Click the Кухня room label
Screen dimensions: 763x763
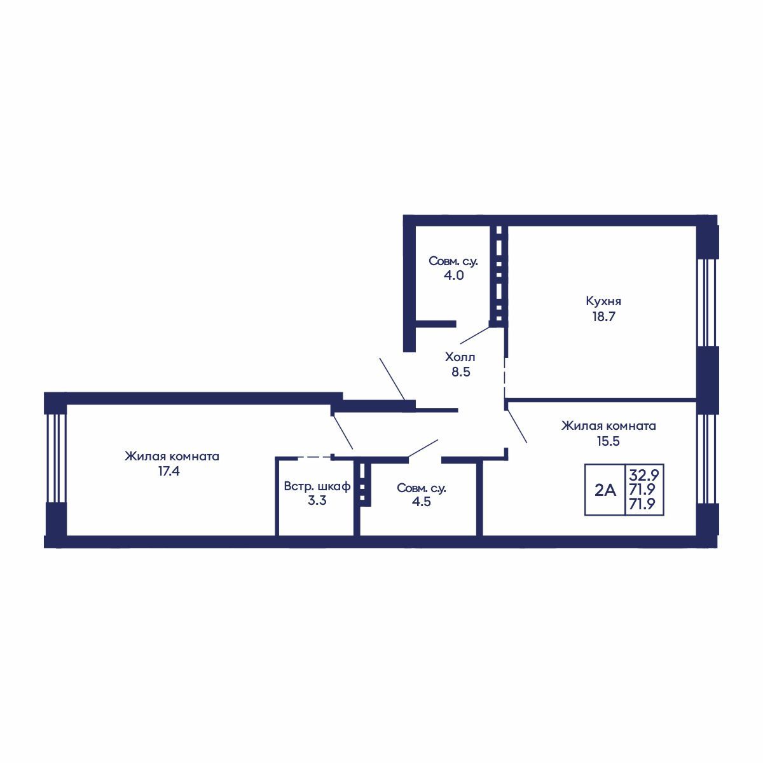pyautogui.click(x=603, y=301)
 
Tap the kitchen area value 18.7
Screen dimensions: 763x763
pyautogui.click(x=603, y=317)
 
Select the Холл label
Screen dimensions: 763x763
pyautogui.click(x=460, y=357)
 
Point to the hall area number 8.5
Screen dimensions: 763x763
pyautogui.click(x=461, y=372)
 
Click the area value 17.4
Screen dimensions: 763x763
pyautogui.click(x=169, y=471)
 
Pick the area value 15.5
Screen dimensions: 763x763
pyautogui.click(x=608, y=441)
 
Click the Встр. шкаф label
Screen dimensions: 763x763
pyautogui.click(x=317, y=486)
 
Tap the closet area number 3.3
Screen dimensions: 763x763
pyautogui.click(x=317, y=501)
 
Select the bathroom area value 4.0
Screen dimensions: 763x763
pyautogui.click(x=454, y=275)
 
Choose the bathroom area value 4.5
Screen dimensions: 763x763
pyautogui.click(x=422, y=502)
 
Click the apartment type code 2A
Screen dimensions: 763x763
pyautogui.click(x=605, y=491)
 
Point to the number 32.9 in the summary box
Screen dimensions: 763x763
pyautogui.click(x=644, y=474)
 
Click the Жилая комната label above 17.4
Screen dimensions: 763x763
pyautogui.click(x=172, y=456)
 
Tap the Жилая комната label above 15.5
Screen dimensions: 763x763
pyautogui.click(x=608, y=426)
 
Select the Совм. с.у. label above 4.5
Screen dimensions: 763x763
pyautogui.click(x=422, y=488)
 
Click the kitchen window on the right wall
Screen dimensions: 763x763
pyautogui.click(x=707, y=303)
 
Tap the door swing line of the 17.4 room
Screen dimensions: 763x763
pyautogui.click(x=343, y=432)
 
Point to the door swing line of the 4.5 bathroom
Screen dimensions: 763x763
pyautogui.click(x=423, y=449)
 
